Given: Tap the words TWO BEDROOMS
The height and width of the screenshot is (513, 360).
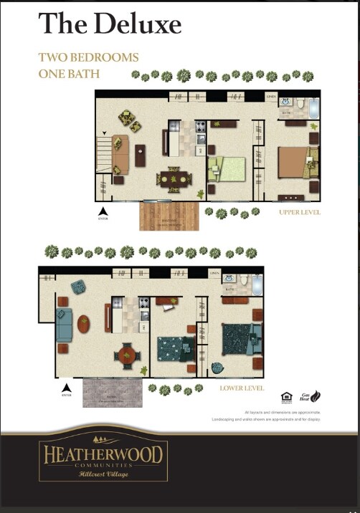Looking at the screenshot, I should pyautogui.click(x=88, y=57).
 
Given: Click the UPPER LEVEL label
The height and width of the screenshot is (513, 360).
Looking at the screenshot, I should pyautogui.click(x=300, y=213).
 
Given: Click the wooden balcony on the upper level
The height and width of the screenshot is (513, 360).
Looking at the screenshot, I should pyautogui.click(x=169, y=215).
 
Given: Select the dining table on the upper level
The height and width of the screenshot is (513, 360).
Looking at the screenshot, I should pyautogui.click(x=173, y=179).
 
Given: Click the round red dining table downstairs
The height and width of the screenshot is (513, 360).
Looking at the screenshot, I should pyautogui.click(x=127, y=353).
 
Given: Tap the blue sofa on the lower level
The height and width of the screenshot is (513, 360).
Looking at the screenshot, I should pyautogui.click(x=64, y=325).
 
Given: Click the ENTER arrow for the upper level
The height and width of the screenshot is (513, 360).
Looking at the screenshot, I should pyautogui.click(x=103, y=211).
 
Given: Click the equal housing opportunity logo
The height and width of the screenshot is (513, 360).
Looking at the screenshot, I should pyautogui.click(x=286, y=396).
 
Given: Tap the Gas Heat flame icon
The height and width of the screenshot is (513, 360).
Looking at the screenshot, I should pyautogui.click(x=315, y=396).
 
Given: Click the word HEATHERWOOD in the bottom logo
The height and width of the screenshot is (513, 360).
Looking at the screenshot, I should pyautogui.click(x=104, y=454).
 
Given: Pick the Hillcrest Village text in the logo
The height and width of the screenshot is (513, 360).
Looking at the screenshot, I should pyautogui.click(x=103, y=474).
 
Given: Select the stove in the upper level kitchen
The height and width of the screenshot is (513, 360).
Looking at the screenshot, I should pyautogui.click(x=202, y=129).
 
